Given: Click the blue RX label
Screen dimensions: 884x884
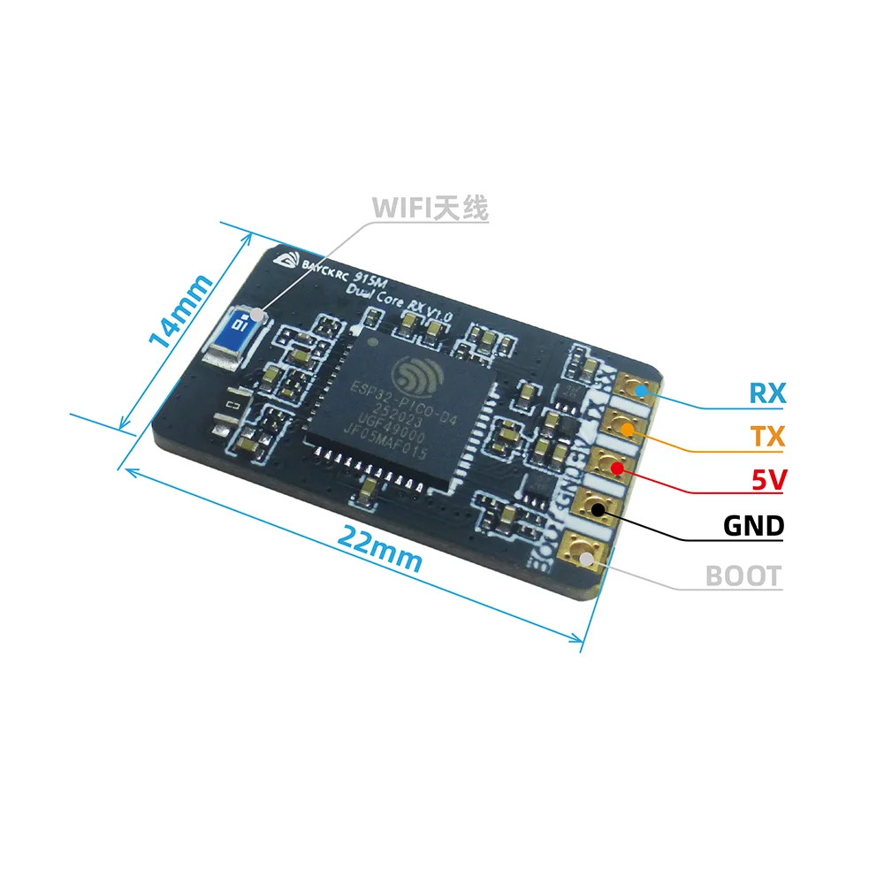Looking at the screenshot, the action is tap(766, 392).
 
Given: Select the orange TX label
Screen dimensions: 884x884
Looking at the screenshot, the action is tap(766, 436).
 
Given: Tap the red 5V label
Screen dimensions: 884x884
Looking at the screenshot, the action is tap(766, 481).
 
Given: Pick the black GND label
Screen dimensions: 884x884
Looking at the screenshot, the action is tap(753, 526).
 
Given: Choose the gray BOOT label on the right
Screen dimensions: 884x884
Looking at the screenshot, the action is tap(743, 576).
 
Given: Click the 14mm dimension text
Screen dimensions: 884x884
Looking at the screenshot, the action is tap(181, 309).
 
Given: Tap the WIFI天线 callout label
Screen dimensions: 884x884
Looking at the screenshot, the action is tap(430, 209).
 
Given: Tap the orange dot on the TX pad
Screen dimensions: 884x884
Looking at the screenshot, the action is tap(628, 431).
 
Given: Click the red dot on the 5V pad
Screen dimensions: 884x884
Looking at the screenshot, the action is tap(613, 469).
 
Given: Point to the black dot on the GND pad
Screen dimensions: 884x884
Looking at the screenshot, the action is tap(598, 508).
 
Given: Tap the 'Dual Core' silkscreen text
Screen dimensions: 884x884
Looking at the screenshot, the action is tap(372, 297).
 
